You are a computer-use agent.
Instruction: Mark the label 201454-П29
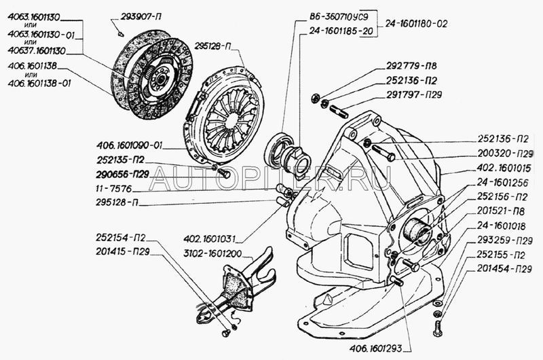tap(503, 269)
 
